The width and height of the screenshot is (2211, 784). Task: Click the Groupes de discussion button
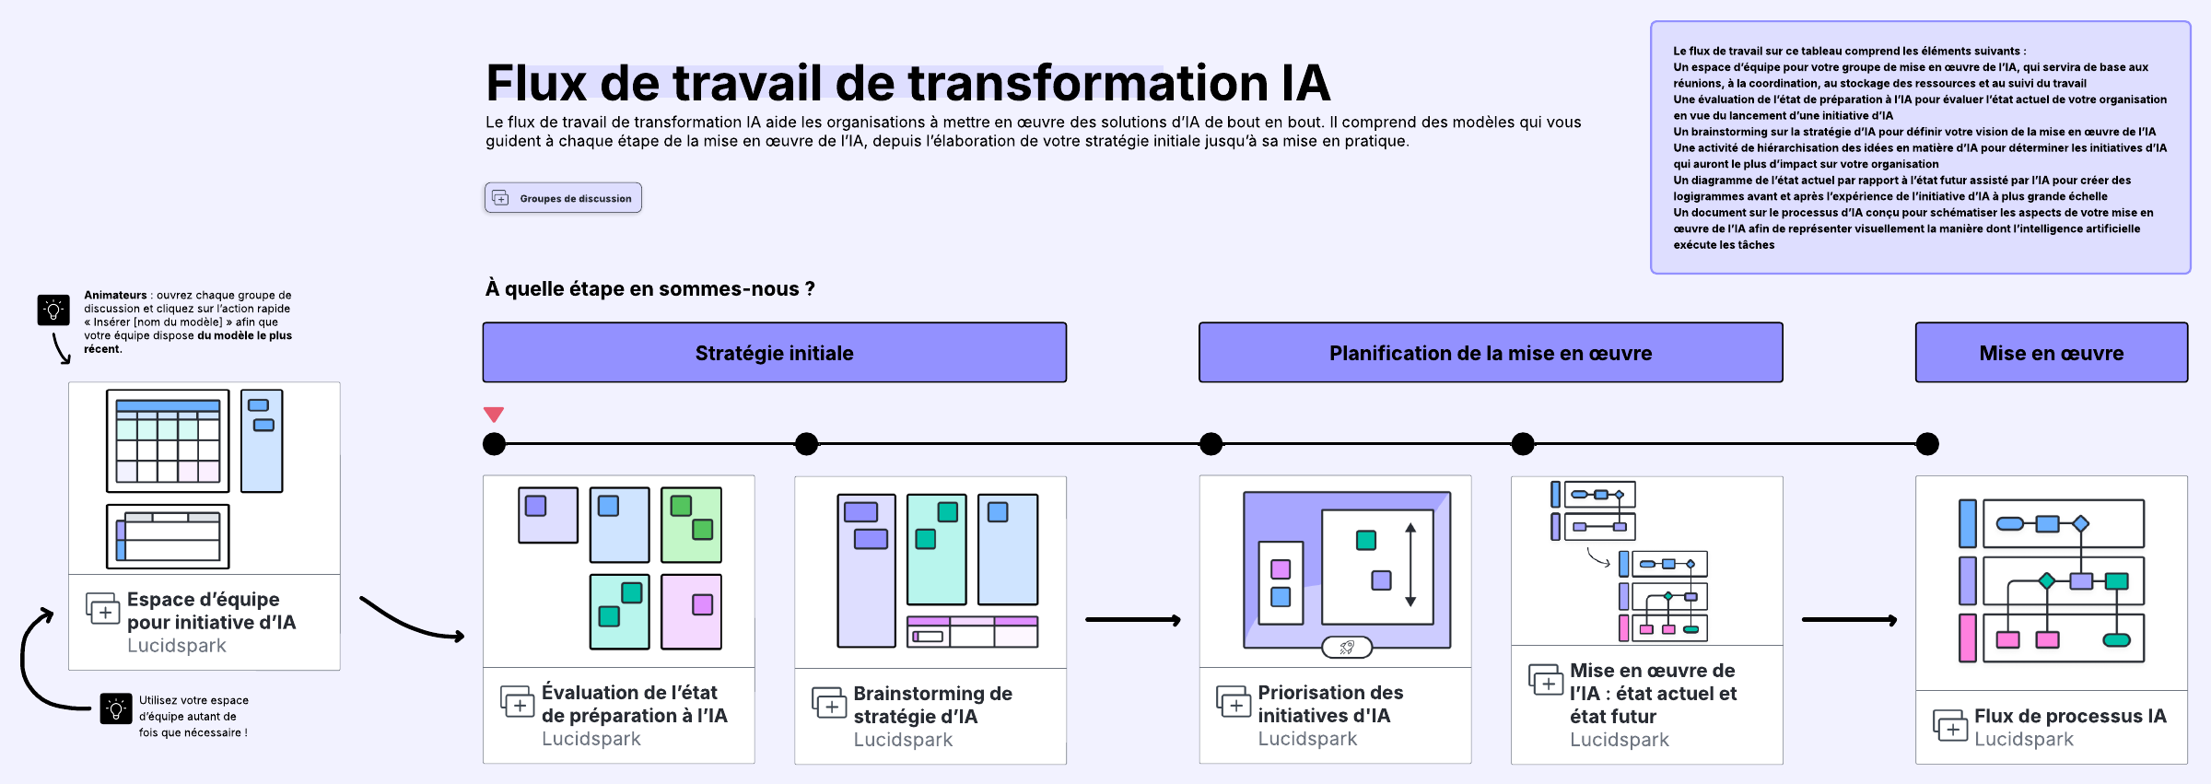[563, 198]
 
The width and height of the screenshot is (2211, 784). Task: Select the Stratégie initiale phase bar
[774, 353]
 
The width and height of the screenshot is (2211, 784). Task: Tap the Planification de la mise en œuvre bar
[1490, 353]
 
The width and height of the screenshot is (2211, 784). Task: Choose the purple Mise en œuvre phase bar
[2051, 353]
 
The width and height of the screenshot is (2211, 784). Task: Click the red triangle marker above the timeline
[494, 415]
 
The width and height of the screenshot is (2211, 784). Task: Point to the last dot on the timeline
[1927, 444]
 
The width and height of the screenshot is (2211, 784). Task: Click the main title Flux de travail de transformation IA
[907, 83]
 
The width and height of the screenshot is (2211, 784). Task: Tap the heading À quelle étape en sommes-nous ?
[649, 289]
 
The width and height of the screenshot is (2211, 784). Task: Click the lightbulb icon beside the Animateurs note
[53, 310]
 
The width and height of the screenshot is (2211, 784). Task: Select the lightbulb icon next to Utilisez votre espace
[116, 708]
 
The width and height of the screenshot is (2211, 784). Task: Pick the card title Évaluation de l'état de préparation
[634, 704]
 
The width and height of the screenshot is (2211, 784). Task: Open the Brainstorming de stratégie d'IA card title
[932, 705]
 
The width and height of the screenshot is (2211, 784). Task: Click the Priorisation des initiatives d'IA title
[1329, 704]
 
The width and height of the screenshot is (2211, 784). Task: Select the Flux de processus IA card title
[2069, 716]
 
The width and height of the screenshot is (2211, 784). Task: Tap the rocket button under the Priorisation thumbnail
[1346, 648]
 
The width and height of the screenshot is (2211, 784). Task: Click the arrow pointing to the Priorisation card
[1132, 620]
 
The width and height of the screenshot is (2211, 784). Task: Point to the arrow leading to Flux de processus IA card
[1848, 620]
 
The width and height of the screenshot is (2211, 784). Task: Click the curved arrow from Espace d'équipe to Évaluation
[411, 623]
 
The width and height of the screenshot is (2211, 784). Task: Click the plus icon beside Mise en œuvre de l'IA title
[1546, 681]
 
